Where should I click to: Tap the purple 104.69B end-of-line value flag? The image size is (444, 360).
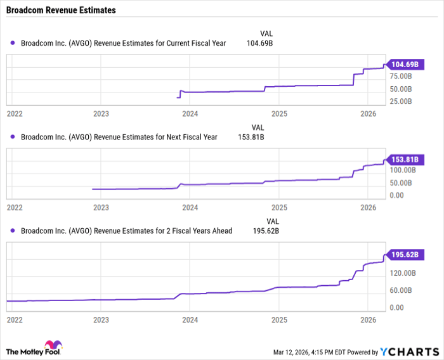point(405,65)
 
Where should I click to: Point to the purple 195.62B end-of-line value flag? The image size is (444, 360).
point(405,255)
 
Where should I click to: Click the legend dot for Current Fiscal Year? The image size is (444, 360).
point(12,43)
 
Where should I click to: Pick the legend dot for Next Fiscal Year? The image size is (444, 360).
point(12,137)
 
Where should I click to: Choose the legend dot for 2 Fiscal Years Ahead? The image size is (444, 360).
point(12,231)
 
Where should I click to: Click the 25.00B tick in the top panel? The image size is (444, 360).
point(402,101)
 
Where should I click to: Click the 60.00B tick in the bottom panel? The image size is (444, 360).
point(402,290)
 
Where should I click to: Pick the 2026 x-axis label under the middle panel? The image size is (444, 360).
point(368,208)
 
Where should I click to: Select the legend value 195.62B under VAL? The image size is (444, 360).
point(266,231)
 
